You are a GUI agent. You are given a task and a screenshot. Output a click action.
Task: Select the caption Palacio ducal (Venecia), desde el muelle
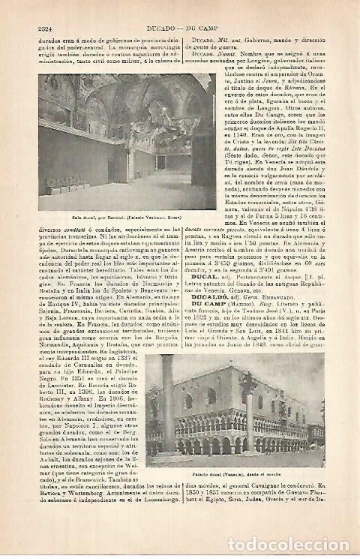coord(235,475)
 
